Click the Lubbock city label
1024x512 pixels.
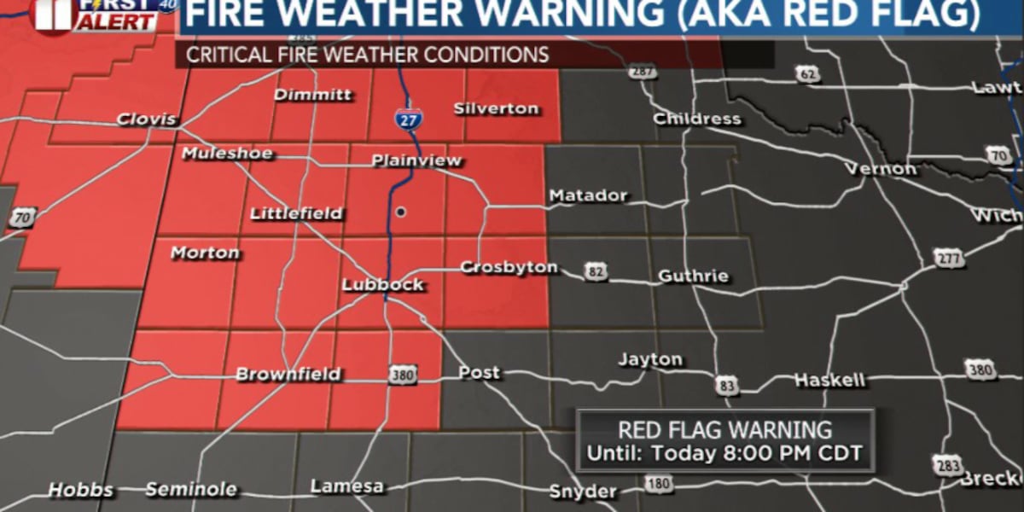[383, 284]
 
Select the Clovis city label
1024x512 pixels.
[147, 119]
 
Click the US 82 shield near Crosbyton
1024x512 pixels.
[596, 271]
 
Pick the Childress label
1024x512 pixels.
[697, 119]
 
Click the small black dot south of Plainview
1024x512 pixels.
[399, 212]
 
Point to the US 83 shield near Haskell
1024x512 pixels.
[727, 386]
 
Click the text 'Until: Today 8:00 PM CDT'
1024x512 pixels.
[724, 453]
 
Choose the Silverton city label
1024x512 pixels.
[496, 108]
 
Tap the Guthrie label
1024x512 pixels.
[693, 276]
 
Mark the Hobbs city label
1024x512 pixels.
[80, 490]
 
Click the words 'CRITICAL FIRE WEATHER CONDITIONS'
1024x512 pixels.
[367, 55]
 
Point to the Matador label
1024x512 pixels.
[588, 195]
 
